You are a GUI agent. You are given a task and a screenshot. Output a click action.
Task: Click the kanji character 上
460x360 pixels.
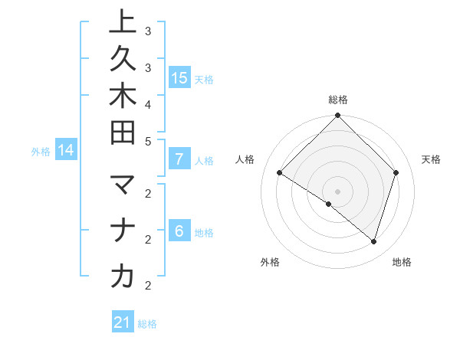click(x=123, y=23)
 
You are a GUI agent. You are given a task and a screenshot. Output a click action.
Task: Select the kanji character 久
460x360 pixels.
click(x=123, y=61)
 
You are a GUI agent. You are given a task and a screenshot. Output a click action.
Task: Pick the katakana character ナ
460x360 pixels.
click(x=123, y=231)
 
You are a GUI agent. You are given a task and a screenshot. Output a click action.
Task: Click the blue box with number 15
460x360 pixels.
click(x=179, y=77)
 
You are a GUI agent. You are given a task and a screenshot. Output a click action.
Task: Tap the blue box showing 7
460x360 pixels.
click(x=179, y=159)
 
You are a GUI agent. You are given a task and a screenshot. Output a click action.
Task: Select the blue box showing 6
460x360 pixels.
click(x=179, y=231)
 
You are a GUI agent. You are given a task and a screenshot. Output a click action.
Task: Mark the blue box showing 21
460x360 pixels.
click(x=123, y=322)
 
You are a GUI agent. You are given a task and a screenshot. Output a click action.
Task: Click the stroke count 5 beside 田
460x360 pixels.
click(x=148, y=141)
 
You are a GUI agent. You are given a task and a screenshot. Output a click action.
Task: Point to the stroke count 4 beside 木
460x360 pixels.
click(x=148, y=103)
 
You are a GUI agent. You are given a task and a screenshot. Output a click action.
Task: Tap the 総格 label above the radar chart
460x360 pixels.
click(x=338, y=100)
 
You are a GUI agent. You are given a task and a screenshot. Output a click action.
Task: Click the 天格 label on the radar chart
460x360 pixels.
click(x=431, y=159)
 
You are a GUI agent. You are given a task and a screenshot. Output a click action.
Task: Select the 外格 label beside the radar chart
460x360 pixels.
click(x=270, y=263)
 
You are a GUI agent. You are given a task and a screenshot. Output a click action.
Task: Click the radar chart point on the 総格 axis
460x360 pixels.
click(x=337, y=116)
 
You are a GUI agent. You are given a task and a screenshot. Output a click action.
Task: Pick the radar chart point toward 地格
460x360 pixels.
click(x=373, y=241)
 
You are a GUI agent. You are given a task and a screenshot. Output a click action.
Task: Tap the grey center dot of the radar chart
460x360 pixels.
click(x=337, y=191)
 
